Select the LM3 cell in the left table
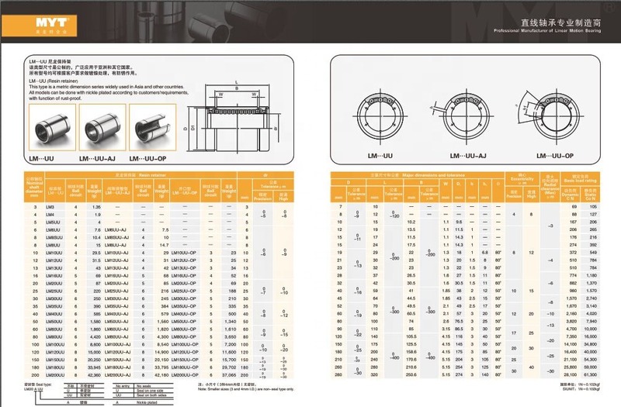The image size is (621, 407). coord(50,207)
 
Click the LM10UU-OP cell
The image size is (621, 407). coord(186,253)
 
